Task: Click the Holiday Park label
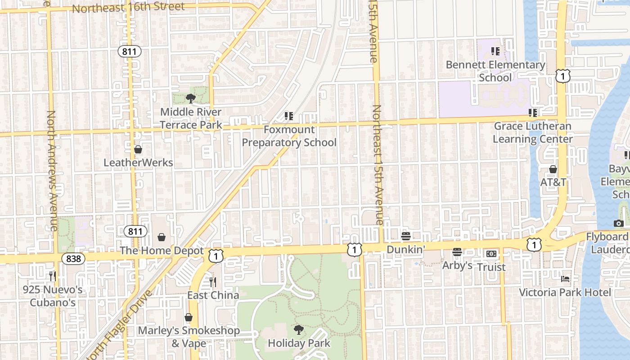pos(299,343)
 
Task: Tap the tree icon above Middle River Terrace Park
pos(190,99)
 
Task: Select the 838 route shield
pos(73,258)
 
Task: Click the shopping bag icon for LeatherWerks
pos(138,149)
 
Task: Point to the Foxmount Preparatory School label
pos(289,136)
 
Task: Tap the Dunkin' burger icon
pos(406,236)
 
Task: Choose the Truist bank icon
pos(491,254)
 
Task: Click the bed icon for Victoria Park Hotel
pos(565,279)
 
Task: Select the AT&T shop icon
pos(553,169)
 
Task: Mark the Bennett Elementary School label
pos(495,71)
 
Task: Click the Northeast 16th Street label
pos(128,8)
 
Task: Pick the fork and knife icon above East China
pos(213,282)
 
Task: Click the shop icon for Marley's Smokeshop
pos(189,317)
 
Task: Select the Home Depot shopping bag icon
pos(162,237)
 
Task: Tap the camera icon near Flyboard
pos(618,223)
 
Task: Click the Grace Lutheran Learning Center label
pos(533,132)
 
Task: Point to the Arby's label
pos(457,265)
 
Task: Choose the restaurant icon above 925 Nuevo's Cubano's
pos(53,276)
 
